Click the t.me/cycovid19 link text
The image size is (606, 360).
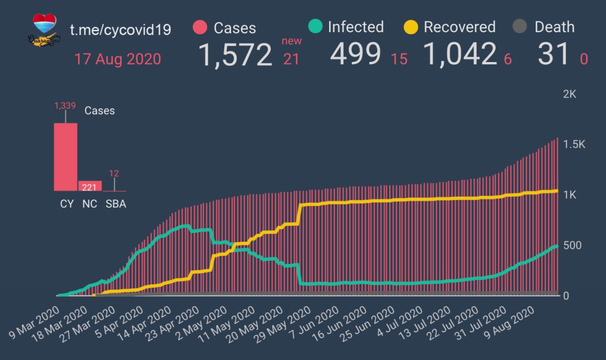(x=121, y=30)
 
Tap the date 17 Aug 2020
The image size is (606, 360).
(x=117, y=60)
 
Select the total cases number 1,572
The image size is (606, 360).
(x=235, y=54)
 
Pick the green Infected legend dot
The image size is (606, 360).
(x=314, y=27)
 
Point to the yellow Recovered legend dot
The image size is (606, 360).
(x=410, y=27)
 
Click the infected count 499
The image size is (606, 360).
(x=355, y=54)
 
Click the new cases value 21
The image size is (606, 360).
(x=291, y=59)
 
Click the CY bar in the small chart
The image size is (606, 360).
(x=66, y=157)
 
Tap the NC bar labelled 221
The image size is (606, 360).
(x=90, y=186)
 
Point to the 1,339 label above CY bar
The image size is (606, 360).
(x=65, y=106)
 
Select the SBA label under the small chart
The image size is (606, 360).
(x=116, y=205)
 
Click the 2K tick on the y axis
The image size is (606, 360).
(x=570, y=94)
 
